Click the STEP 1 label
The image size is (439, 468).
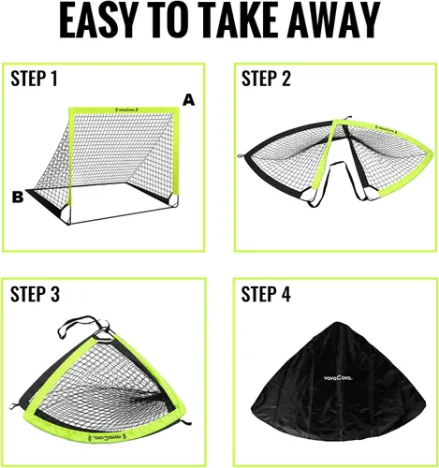(35, 79)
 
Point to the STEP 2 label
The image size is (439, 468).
(266, 79)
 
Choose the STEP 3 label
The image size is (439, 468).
(35, 294)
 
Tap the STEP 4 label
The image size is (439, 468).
(266, 294)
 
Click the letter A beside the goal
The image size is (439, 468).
(189, 100)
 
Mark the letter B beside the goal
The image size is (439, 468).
(18, 197)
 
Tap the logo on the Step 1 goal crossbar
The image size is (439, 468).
(126, 110)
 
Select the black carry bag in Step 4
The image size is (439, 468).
(339, 382)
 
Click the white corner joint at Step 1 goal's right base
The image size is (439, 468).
(172, 201)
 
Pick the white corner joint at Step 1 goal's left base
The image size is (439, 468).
(66, 214)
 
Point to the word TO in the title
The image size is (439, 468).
(163, 21)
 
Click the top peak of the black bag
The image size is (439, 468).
(336, 323)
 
